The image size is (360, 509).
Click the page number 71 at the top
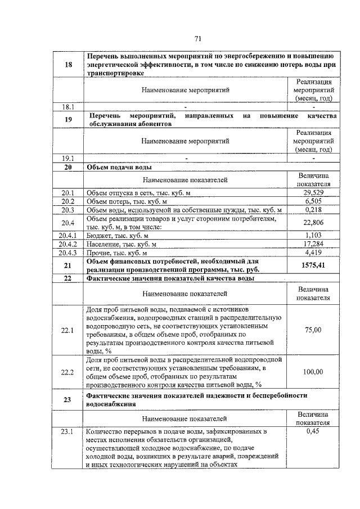[197, 38]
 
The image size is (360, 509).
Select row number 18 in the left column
[68, 65]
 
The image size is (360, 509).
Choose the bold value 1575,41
[313, 264]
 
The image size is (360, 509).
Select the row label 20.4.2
[68, 243]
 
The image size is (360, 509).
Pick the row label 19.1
[68, 159]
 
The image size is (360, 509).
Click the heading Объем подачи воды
[119, 167]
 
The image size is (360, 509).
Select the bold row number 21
[68, 264]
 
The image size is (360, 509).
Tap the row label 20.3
[68, 210]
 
